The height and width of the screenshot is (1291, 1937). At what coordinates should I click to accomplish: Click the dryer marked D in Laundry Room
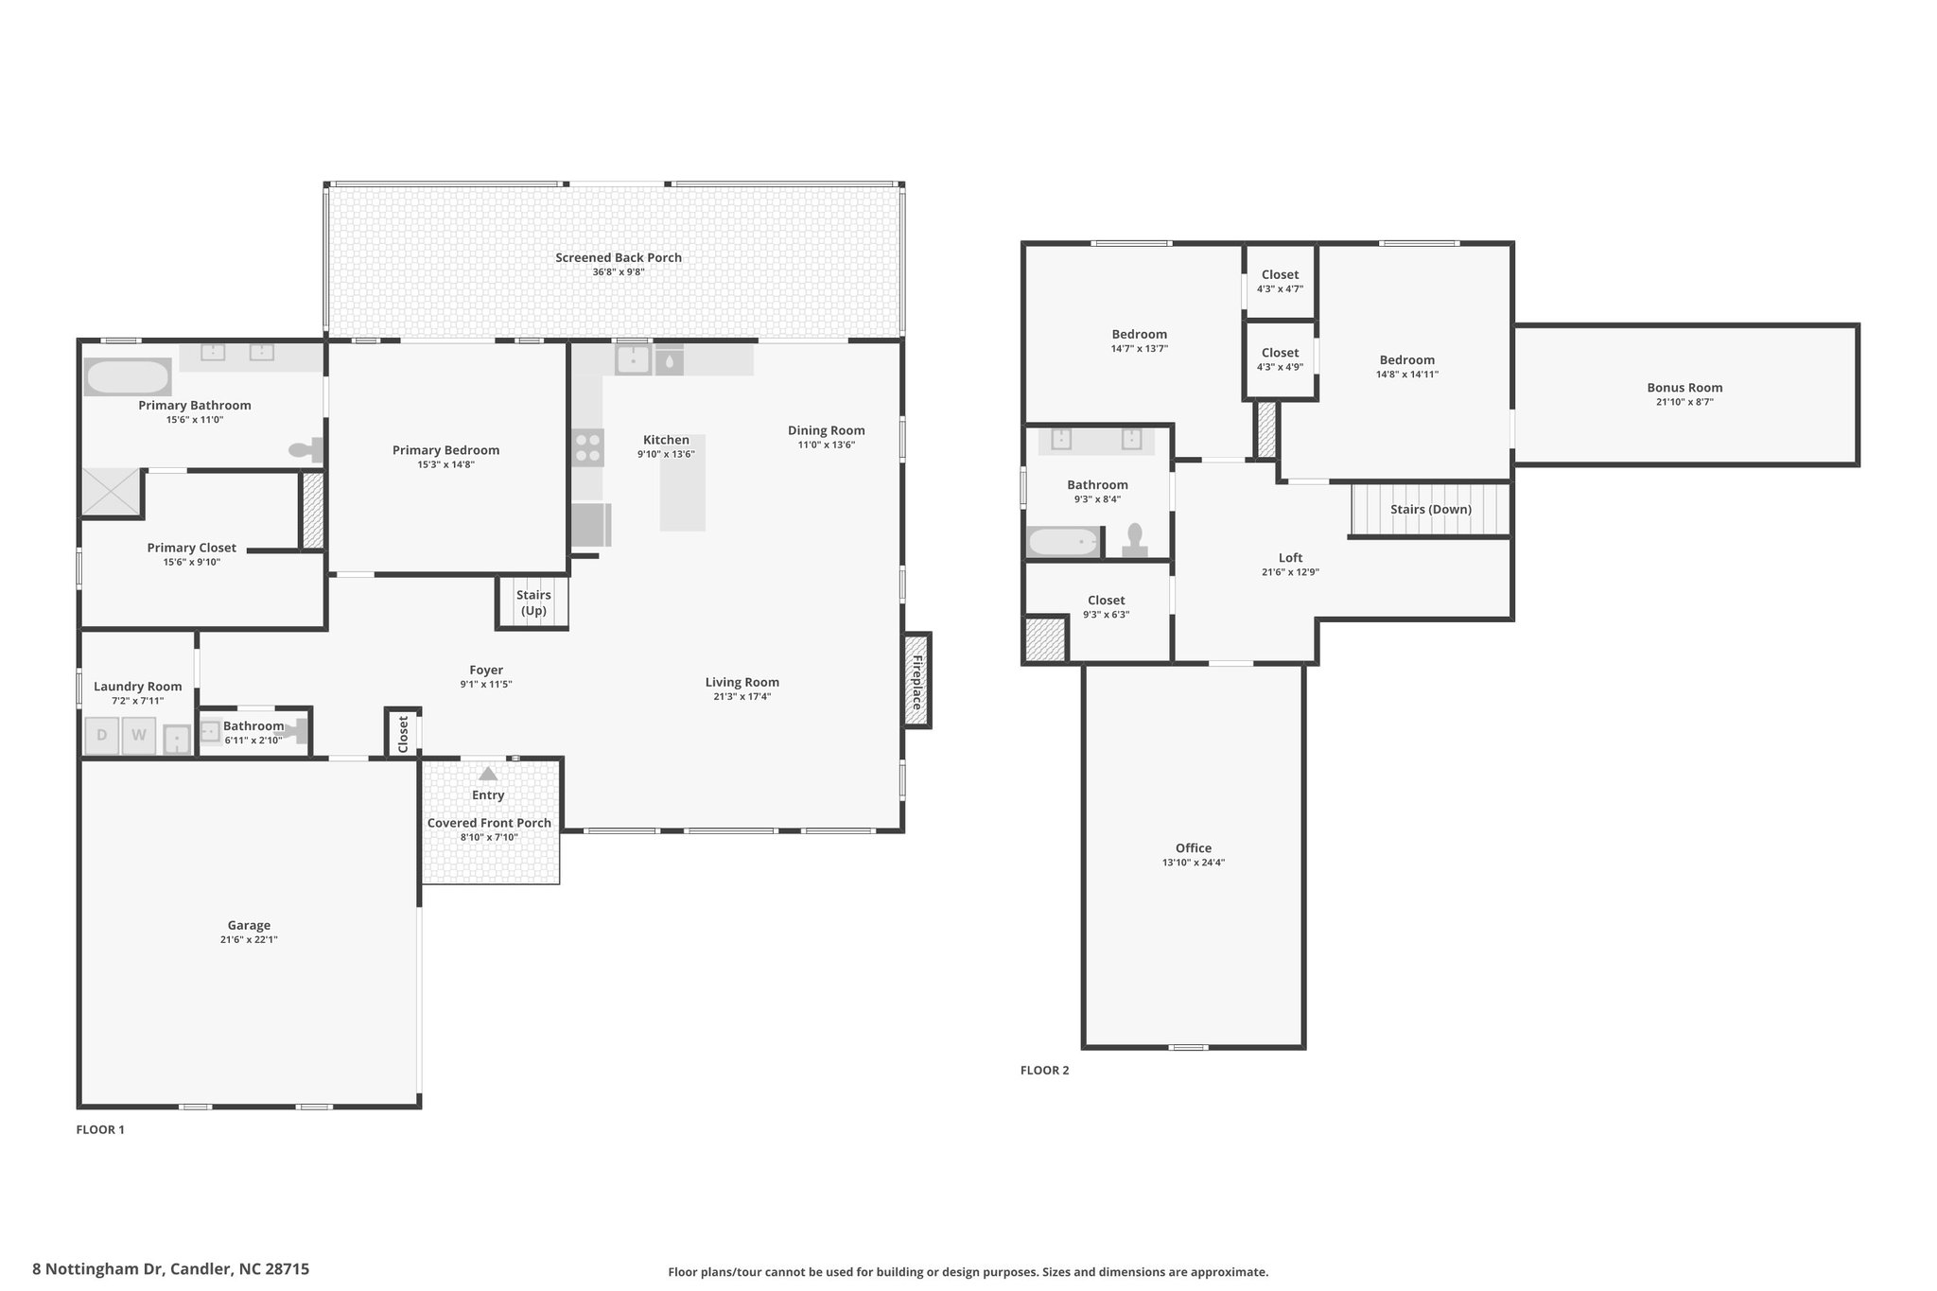point(102,736)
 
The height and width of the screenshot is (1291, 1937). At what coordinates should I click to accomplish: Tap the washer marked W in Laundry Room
point(139,736)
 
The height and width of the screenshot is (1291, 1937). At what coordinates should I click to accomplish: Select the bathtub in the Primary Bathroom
point(128,376)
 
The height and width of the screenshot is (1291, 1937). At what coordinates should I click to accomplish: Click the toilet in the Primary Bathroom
point(306,450)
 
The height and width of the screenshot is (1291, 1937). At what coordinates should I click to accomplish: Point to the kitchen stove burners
point(587,447)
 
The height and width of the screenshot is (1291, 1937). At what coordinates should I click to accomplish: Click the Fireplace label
point(916,680)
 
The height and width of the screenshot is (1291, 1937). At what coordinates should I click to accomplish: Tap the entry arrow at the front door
point(488,774)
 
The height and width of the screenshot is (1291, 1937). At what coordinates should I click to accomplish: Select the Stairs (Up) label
point(533,602)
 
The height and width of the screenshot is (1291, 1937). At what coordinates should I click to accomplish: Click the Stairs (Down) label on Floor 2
point(1431,509)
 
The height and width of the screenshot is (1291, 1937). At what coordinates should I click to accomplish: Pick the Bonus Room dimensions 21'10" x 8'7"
point(1684,402)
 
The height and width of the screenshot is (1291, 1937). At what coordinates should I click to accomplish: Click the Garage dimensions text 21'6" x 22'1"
point(249,940)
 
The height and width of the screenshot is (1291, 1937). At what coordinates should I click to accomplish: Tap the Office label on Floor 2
point(1194,848)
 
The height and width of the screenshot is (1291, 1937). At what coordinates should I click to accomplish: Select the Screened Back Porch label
point(619,257)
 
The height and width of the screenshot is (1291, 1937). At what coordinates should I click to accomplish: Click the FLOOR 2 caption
point(1044,1071)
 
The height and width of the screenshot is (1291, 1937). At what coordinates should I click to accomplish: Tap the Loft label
point(1290,558)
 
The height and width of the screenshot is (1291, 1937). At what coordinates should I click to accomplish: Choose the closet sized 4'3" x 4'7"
point(1280,281)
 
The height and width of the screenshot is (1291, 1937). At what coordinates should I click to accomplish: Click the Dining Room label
point(827,430)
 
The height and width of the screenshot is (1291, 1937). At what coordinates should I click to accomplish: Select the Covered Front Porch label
point(489,823)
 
